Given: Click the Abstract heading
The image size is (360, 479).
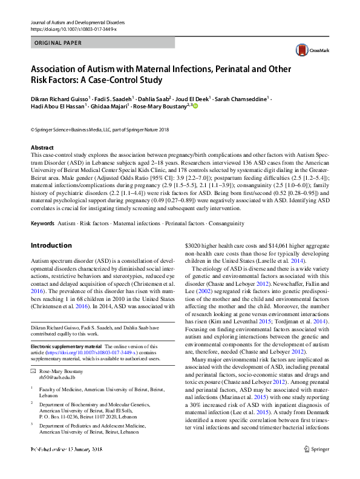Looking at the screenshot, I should pos(42,148).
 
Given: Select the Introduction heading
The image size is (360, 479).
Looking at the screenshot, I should pos(51,245).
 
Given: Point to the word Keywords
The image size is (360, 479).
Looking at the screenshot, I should pos(42,223).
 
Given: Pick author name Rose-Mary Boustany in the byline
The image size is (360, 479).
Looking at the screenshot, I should pos(160,105).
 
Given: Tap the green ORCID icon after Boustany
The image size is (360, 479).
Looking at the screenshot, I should pos(195,105).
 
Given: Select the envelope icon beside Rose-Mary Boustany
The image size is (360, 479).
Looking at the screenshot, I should pos(33,369).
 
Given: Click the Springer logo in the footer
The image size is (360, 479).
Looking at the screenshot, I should pos(316,466).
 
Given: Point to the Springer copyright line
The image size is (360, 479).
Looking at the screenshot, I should pos(100,129).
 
